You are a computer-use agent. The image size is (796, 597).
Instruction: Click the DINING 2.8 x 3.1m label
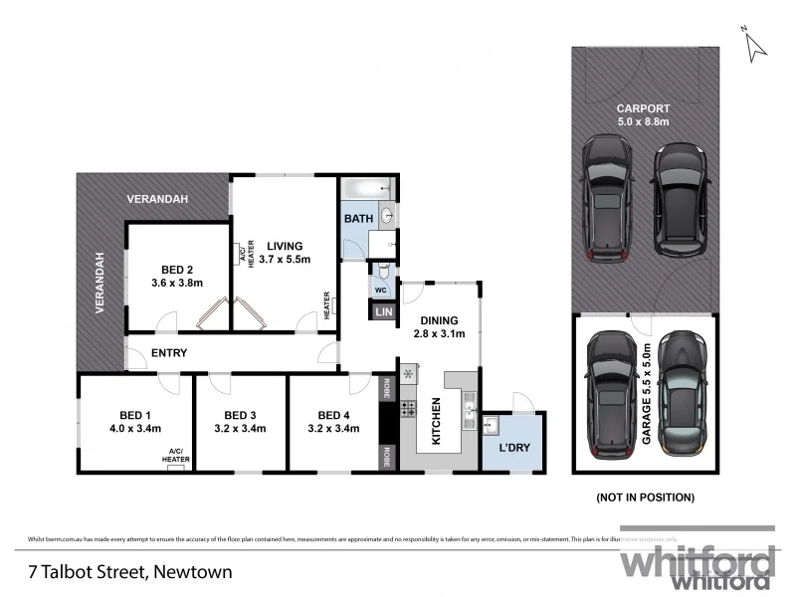point(439,326)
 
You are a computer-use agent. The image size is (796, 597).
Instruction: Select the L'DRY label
point(513,448)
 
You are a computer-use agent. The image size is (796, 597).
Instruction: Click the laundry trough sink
point(491,426)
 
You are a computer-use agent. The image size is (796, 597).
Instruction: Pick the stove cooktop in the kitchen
point(408,408)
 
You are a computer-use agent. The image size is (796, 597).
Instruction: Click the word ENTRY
point(169,353)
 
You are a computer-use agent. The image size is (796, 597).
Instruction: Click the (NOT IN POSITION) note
point(645,497)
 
